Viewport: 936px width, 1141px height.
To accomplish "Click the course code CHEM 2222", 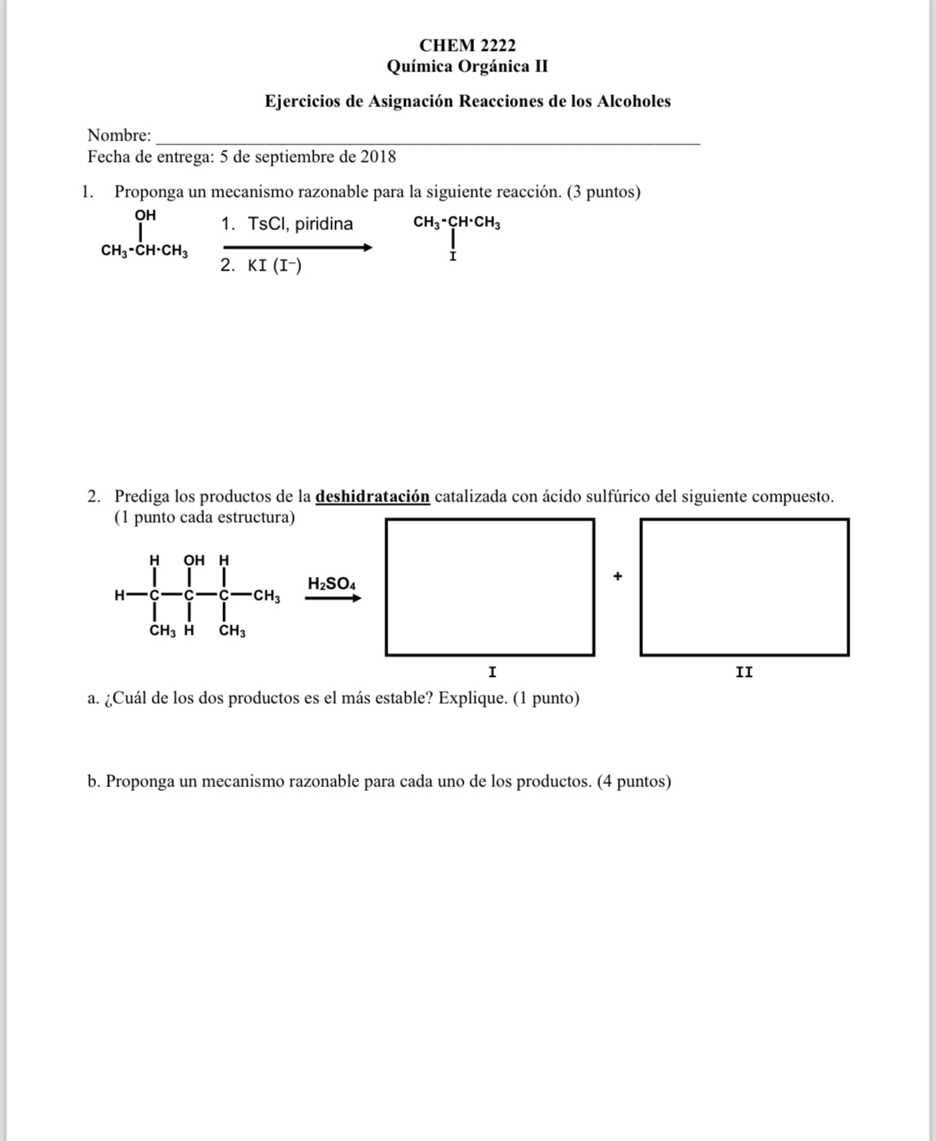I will [x=467, y=45].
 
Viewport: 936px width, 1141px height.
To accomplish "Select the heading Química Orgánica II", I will [x=467, y=67].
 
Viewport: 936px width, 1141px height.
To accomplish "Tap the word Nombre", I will [x=118, y=136].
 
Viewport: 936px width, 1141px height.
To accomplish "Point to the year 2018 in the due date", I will [x=378, y=157].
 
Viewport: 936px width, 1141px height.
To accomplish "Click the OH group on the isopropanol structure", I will [x=145, y=215].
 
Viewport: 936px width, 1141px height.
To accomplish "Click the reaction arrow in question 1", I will [x=297, y=248].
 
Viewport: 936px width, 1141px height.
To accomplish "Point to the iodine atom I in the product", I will [x=453, y=258].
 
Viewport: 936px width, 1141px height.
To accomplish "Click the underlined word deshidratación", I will [x=372, y=497].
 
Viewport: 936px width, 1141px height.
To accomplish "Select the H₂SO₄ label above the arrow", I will [x=332, y=584].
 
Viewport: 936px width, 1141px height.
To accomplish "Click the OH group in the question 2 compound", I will [x=195, y=560].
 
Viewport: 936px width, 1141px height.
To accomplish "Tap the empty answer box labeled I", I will [x=490, y=587].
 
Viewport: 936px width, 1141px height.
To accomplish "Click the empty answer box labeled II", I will [x=744, y=587].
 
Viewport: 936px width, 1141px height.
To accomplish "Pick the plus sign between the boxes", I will [x=618, y=576].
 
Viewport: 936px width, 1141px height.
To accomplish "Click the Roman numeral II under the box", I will [x=744, y=673].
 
